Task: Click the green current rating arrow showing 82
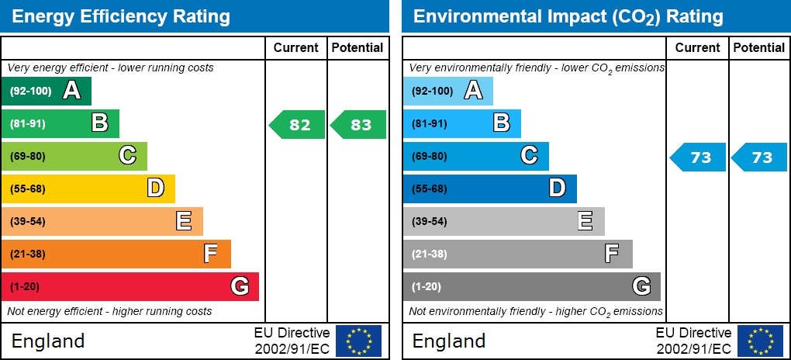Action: tap(298, 125)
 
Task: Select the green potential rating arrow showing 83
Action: tap(359, 125)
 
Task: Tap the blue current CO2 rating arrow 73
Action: tap(699, 157)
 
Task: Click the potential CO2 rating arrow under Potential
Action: tap(761, 157)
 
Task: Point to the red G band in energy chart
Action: tap(130, 286)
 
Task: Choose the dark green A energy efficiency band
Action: tap(47, 91)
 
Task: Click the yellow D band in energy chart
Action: tap(88, 189)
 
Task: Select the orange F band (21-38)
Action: tap(116, 254)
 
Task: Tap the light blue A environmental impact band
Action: tap(447, 91)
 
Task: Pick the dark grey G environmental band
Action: tap(531, 286)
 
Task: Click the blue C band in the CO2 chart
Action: tap(475, 156)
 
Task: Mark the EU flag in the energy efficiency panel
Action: tap(358, 341)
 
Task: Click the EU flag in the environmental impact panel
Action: tap(760, 341)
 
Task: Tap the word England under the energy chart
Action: tap(48, 341)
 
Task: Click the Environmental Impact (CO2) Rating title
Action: tap(568, 16)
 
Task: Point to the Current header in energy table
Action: tap(296, 47)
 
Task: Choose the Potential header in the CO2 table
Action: tap(759, 47)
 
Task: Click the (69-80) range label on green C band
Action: tap(28, 156)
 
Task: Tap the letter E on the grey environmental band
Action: tap(585, 221)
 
